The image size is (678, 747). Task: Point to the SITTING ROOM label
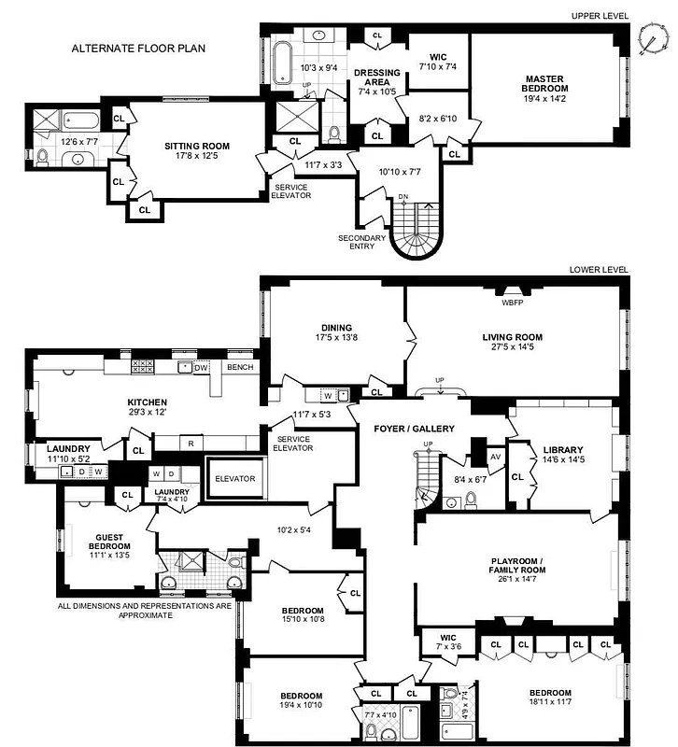point(197,146)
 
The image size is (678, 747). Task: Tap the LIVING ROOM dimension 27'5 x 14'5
point(512,349)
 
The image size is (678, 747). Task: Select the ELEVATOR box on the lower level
point(234,478)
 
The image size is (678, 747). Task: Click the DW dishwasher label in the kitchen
point(200,368)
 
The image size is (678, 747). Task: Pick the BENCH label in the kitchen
point(240,368)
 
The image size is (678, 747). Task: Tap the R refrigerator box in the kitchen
point(190,443)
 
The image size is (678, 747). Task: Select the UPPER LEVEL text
point(600,16)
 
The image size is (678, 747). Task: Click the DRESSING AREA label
point(377,78)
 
